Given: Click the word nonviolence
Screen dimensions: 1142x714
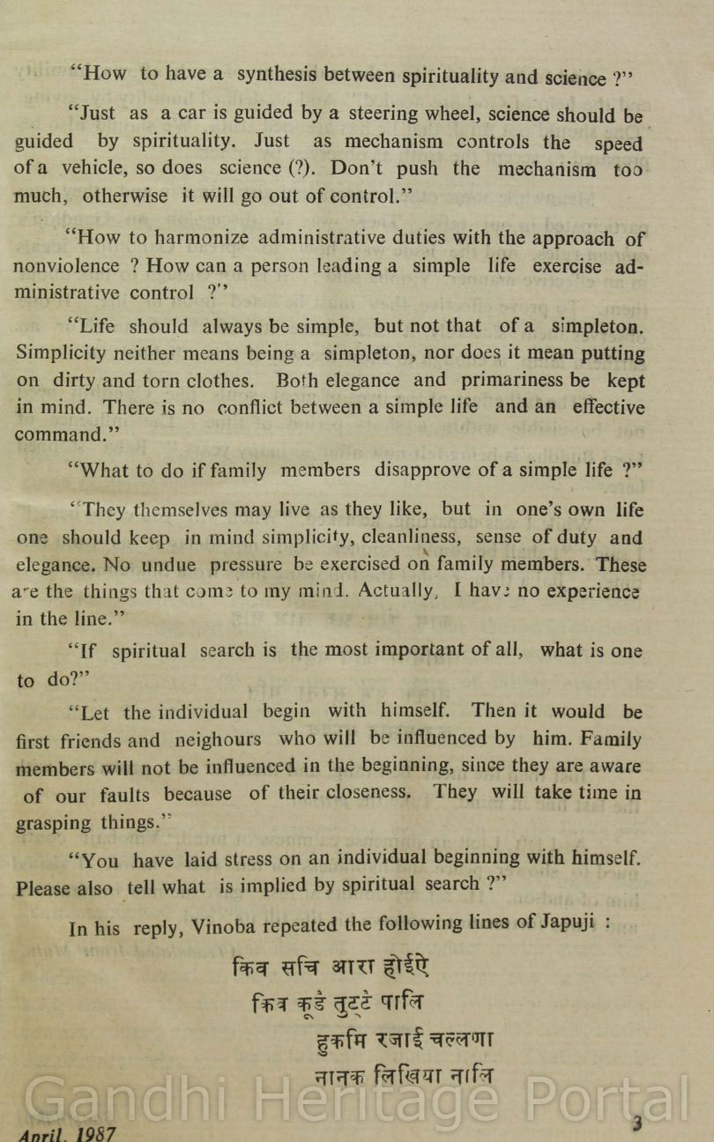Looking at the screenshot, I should click(x=66, y=265).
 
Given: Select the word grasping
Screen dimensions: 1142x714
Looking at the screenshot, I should click(x=53, y=824).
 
